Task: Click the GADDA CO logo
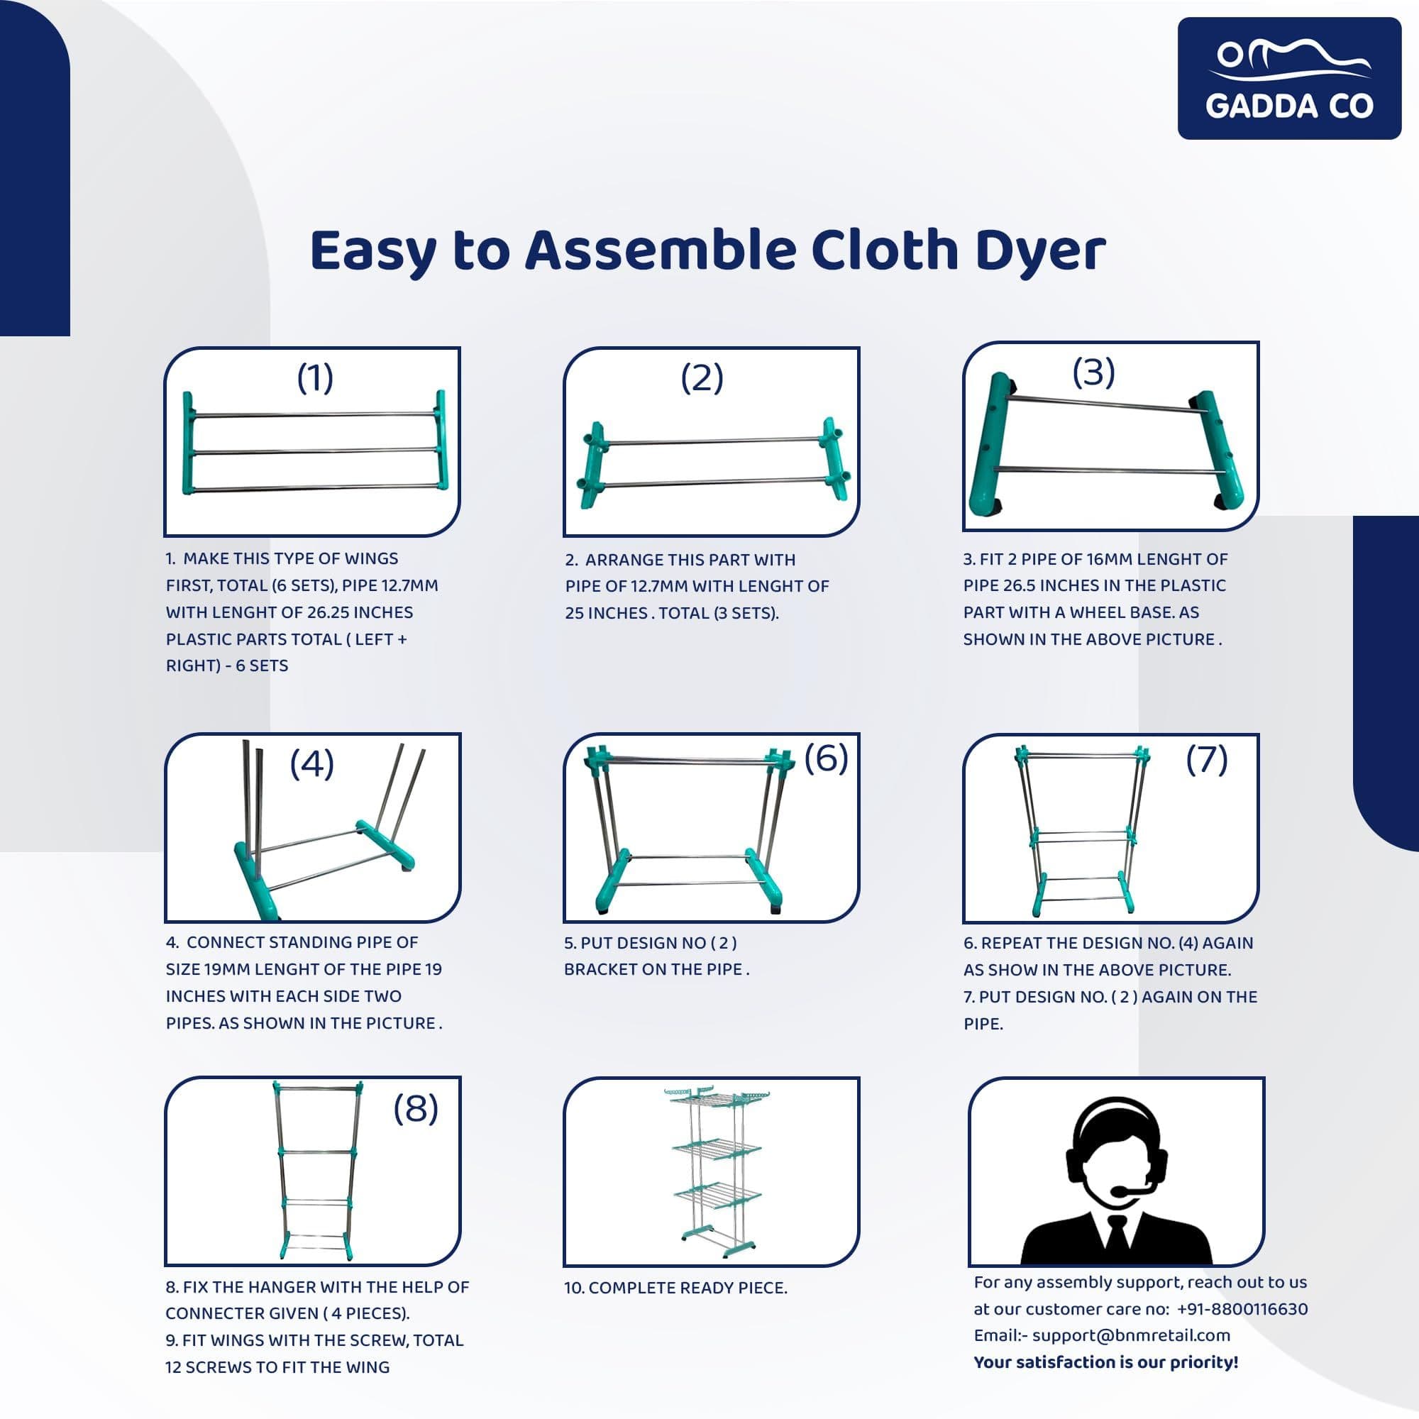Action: coord(1289,79)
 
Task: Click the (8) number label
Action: coord(416,1108)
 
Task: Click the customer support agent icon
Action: coord(1116,1181)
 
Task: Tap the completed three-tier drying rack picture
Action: coord(710,1174)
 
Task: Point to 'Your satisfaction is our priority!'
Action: coord(1105,1362)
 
